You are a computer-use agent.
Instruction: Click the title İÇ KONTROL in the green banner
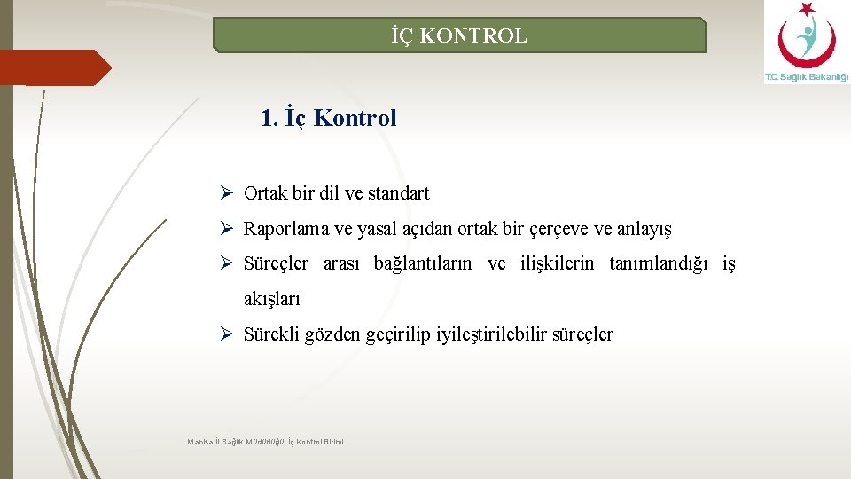[459, 36]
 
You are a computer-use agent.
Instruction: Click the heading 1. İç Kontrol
[329, 118]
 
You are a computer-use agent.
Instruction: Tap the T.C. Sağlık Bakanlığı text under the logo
[806, 78]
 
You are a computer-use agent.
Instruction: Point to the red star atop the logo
[806, 9]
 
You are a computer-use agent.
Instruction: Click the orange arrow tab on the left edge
[53, 67]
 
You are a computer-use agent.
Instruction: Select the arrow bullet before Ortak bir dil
[227, 192]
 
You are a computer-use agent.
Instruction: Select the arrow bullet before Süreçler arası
[227, 263]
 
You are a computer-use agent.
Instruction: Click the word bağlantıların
[425, 263]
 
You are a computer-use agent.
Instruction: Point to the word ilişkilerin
[556, 263]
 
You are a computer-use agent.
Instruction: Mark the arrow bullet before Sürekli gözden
[227, 334]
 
